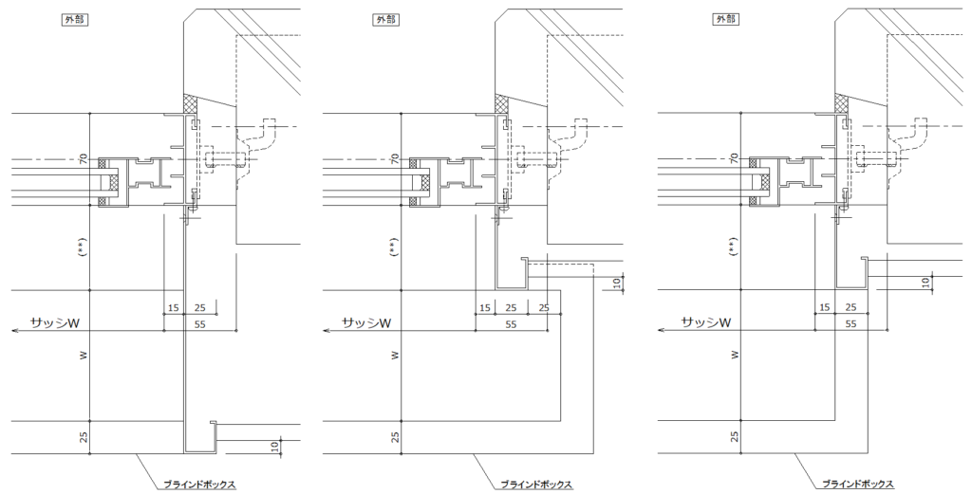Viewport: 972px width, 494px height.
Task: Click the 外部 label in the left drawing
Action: (x=73, y=20)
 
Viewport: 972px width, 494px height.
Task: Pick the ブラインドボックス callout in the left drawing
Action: (x=198, y=485)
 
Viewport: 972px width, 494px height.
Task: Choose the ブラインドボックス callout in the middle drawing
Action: (x=536, y=485)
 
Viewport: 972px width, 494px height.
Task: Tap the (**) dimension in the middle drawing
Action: (x=394, y=248)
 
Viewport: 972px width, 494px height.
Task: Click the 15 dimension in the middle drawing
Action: (x=485, y=307)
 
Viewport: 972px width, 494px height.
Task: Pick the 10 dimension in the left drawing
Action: (x=274, y=446)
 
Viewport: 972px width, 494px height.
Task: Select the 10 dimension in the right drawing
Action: (x=925, y=283)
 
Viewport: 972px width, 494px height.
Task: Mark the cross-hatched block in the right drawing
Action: (x=840, y=100)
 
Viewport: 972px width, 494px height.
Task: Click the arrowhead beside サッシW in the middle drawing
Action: (x=327, y=331)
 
